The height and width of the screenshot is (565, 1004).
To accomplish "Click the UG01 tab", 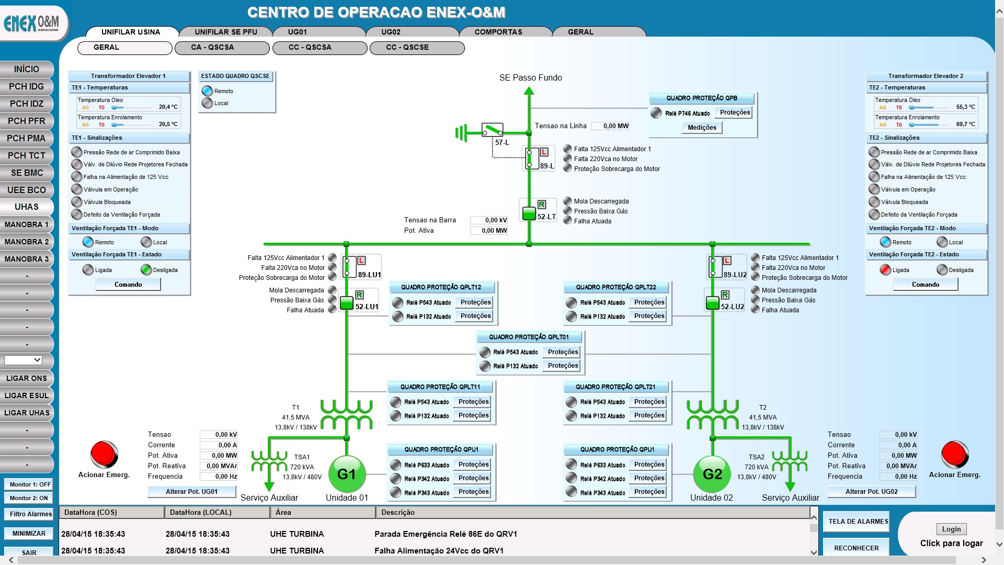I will coord(298,32).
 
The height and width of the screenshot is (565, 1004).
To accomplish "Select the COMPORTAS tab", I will coord(498,32).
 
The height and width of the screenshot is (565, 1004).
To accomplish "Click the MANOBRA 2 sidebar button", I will coord(27,242).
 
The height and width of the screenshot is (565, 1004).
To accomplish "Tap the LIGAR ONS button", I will coord(27,378).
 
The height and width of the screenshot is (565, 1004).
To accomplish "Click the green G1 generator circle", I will coord(346,474).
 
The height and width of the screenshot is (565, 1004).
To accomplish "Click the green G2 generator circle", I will coord(712,474).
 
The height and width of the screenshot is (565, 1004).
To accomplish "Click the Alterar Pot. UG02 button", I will coord(871,492).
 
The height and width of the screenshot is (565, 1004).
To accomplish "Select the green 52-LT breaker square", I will coord(529,213).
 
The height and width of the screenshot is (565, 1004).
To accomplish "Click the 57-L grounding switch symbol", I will coord(492,129).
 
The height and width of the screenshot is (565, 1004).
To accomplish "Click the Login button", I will coord(951,529).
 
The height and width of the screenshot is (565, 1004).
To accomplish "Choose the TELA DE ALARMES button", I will coord(858,522).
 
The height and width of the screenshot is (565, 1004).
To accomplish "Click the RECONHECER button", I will coord(856,548).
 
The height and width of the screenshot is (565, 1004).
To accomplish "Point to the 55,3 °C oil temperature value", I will coord(965,107).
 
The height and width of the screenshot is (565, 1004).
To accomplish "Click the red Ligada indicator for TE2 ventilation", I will coord(885,270).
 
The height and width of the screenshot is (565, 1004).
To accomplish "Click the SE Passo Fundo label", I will coord(530,78).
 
